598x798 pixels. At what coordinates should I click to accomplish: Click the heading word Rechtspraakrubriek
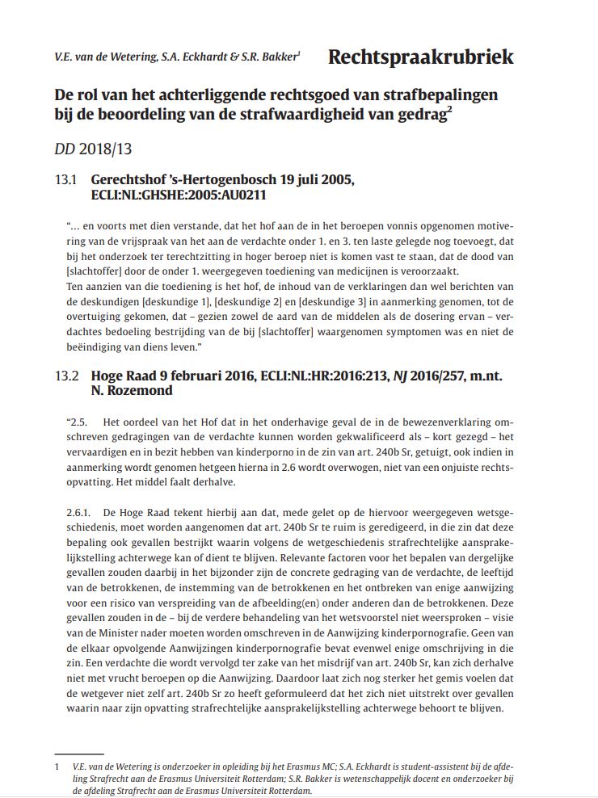pos(420,57)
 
